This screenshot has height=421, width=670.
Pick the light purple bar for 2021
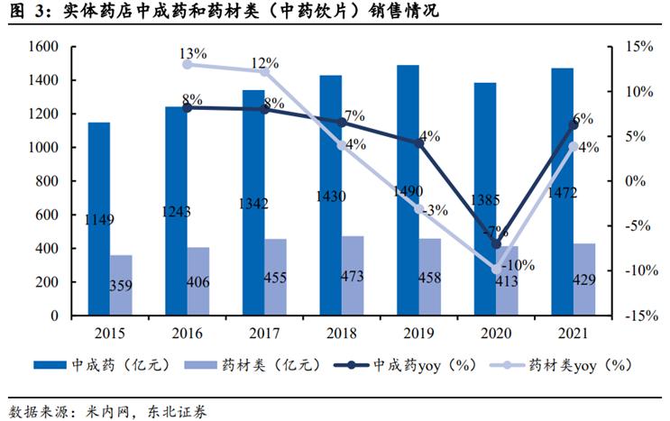pos(583,279)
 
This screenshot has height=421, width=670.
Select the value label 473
pos(353,277)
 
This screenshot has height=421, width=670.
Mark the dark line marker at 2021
pos(573,124)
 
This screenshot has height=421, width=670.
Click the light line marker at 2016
pos(188,64)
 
